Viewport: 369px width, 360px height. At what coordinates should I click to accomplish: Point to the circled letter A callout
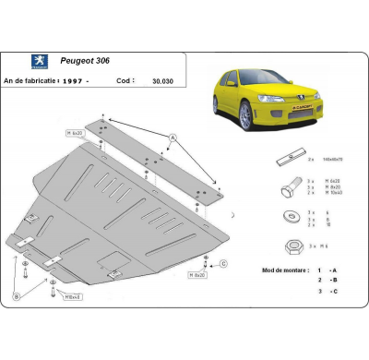(172, 137)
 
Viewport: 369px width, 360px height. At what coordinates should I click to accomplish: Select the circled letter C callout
(222, 263)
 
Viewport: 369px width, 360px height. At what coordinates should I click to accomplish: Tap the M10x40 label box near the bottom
(73, 296)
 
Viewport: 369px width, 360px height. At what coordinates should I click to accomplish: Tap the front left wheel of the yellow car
(245, 115)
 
